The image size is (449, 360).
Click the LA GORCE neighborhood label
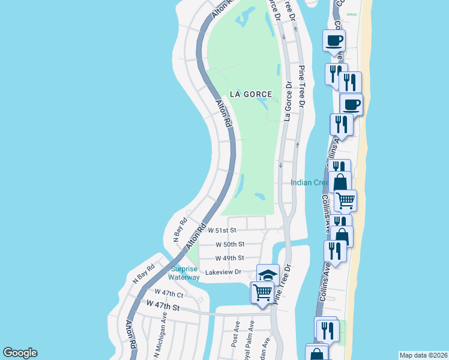pos(251,94)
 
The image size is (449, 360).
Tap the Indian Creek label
pos(310,182)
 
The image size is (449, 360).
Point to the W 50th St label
pos(230,244)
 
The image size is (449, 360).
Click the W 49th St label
pos(229,258)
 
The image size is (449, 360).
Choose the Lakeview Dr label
pos(223,272)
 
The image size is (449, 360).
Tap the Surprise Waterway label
pos(185,273)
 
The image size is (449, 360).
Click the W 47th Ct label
pos(168,292)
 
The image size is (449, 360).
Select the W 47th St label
pos(163,307)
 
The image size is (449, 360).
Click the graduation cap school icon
pos(268,275)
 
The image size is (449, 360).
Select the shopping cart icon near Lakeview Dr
pos(263,292)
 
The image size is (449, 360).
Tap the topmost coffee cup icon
pos(334,40)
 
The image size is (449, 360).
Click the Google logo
pos(20,353)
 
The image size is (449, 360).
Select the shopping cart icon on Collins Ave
pos(345,200)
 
